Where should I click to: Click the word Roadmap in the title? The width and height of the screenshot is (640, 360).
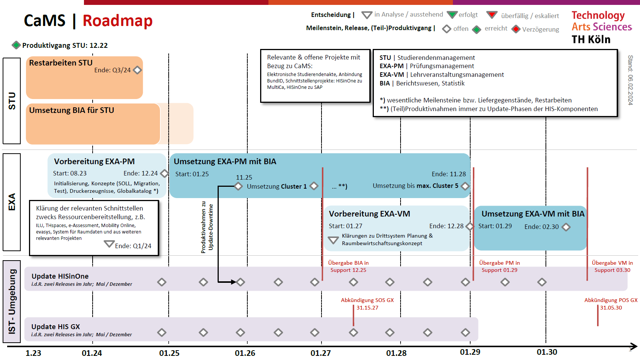point(117,21)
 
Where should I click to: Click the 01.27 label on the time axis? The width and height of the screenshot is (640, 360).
point(320,353)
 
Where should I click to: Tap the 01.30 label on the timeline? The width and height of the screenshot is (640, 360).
point(547,352)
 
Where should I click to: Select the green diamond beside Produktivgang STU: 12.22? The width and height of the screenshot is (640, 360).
point(16,45)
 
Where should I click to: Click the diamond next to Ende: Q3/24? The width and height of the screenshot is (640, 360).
point(137,70)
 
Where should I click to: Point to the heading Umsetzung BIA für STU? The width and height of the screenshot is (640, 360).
point(72,110)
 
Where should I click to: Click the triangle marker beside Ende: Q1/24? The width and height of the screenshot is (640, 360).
point(109,244)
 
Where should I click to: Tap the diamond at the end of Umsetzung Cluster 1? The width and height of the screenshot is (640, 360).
point(314,186)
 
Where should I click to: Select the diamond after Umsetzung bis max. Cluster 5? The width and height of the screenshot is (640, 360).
point(465,186)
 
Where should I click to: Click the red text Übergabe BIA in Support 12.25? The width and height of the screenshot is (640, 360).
point(348,266)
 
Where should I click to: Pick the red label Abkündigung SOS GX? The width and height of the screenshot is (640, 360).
point(367,300)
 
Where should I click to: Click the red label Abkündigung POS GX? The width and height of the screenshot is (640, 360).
point(611,300)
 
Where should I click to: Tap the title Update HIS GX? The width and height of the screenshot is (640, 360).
point(56,326)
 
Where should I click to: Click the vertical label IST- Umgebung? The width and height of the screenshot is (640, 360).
point(12,301)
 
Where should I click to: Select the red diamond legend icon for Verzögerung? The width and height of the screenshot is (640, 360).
point(516,29)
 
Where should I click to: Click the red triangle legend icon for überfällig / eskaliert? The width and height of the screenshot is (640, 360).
point(492,15)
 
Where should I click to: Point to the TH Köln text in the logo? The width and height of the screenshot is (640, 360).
point(591,40)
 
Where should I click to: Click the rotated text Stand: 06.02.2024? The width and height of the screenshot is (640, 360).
point(630,80)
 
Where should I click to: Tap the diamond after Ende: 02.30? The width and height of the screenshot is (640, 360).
point(566,227)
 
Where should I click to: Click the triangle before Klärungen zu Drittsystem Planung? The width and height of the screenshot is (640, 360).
point(333,240)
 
